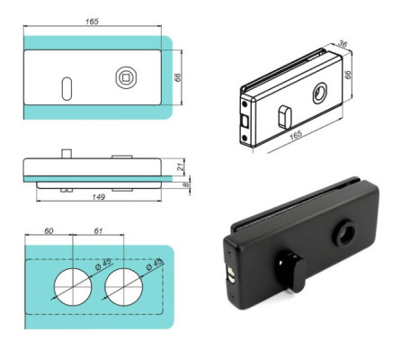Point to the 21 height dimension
pos(180,167)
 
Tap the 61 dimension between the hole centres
pos(100,231)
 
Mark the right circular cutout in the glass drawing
pos(124,285)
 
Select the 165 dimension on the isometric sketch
pos(297,135)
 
